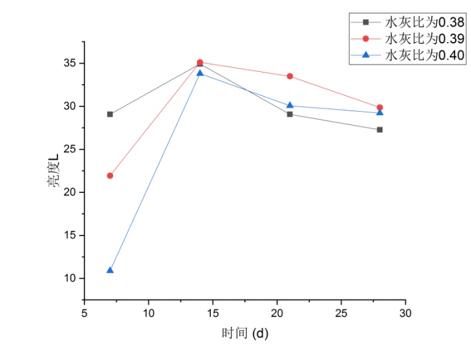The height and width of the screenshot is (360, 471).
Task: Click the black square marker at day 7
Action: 110,114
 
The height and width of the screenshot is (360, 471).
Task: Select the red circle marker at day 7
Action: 110,176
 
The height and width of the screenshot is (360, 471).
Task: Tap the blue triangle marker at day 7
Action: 110,270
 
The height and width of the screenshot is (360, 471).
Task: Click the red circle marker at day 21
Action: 290,76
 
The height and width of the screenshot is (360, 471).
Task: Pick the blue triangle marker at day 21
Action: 290,105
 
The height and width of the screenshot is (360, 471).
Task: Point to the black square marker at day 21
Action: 290,114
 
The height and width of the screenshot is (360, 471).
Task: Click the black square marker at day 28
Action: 380,130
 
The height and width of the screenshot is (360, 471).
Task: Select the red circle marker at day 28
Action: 380,107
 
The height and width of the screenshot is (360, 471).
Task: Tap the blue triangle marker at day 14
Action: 200,73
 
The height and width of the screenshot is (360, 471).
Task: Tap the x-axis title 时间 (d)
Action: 245,333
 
